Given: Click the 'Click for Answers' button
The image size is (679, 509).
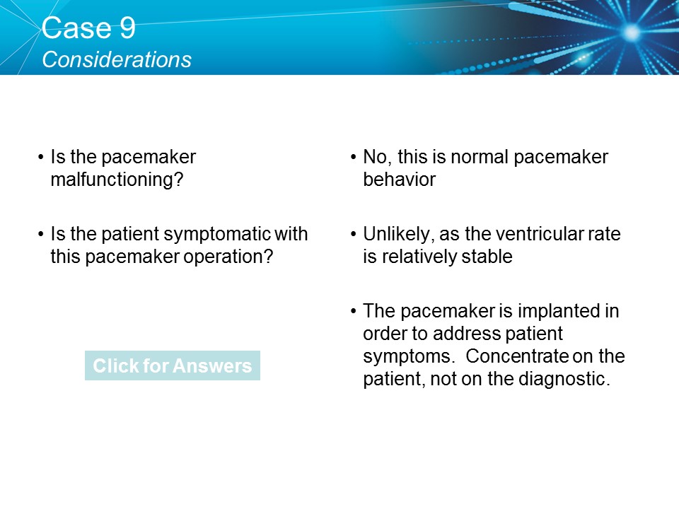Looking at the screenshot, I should coord(172,365).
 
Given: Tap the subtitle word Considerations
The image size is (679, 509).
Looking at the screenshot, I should coord(117,59).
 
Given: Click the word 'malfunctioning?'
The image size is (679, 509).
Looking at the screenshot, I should coord(117,180).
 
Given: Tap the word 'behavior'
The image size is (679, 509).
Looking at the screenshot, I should coord(399,180).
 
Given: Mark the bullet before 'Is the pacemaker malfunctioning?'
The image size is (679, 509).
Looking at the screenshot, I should coord(42,157).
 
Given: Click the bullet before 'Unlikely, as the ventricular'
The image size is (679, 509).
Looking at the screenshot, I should coord(354,234).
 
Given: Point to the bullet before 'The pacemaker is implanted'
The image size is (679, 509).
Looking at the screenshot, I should coord(354,311).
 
